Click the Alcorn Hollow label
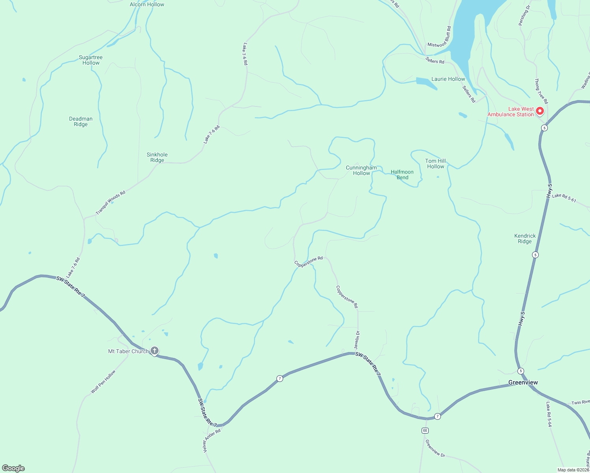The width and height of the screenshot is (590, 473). tap(147, 4)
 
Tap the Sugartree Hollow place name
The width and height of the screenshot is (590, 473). tap(91, 60)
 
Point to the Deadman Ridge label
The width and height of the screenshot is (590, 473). tap(81, 121)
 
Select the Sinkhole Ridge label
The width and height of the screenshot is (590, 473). tap(157, 157)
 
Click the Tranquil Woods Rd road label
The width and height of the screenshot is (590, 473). tap(110, 203)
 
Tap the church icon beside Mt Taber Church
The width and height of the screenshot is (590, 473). tap(155, 350)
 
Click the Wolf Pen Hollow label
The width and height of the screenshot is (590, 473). tap(103, 382)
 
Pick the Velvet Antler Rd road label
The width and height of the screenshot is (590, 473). tap(212, 440)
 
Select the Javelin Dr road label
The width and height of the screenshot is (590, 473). tap(357, 340)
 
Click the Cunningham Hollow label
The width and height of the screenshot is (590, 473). tap(361, 170)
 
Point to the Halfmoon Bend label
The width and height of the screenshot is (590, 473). tap(402, 175)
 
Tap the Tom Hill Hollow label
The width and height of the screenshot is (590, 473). tap(435, 164)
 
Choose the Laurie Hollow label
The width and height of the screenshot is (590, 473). tap(448, 79)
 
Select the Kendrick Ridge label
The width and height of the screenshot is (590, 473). tap(525, 238)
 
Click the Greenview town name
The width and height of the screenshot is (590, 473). tap(523, 382)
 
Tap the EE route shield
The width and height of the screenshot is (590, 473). tap(425, 430)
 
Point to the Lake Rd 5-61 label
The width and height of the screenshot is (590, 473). tap(564, 198)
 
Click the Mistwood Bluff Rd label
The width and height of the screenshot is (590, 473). tap(439, 37)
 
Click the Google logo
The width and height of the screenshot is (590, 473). tap(13, 468)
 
